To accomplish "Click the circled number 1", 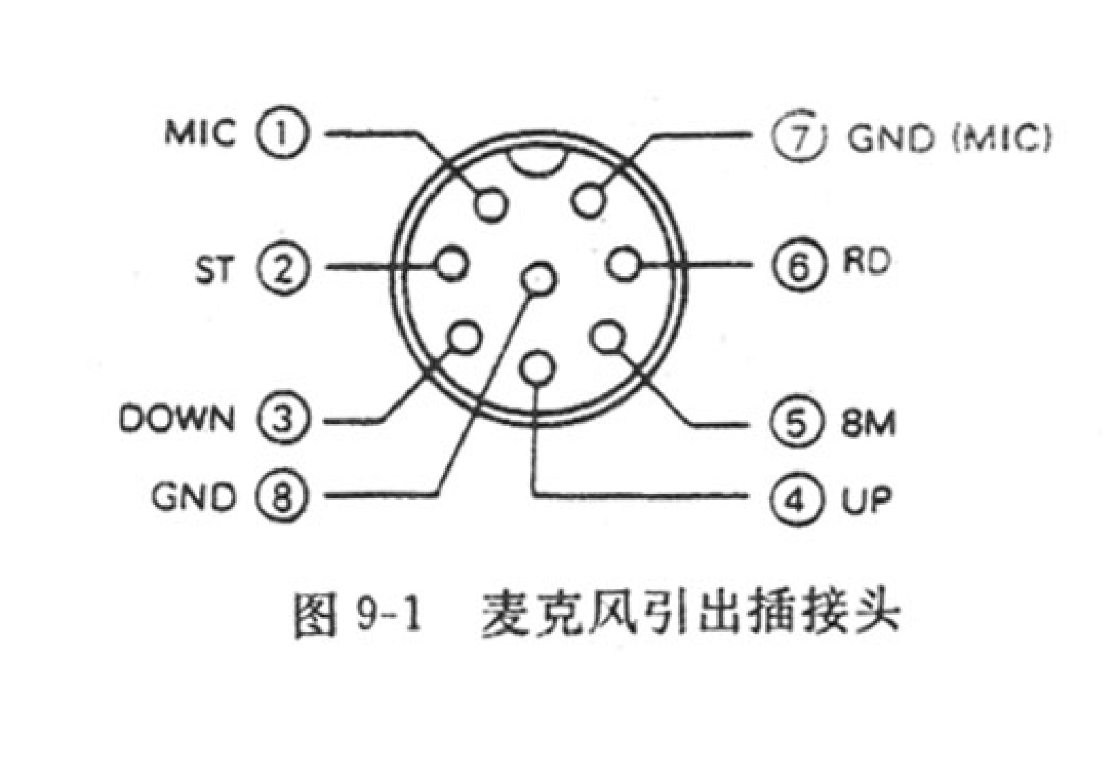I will point(281,133).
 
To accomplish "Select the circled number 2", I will point(281,268).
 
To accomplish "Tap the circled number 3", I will point(281,419).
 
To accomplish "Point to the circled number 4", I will point(796,497).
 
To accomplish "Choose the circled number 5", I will point(796,422).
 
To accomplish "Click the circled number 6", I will point(798,266).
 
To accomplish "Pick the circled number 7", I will point(798,136).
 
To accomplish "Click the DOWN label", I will point(176,419).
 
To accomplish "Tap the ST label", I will point(214,269).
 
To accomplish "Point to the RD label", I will point(865,262).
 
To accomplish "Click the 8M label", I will point(868,422).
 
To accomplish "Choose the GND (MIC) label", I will point(948,138).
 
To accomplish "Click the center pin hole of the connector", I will point(538,278).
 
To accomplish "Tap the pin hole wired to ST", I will point(453,264).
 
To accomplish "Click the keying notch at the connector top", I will point(534,162).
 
